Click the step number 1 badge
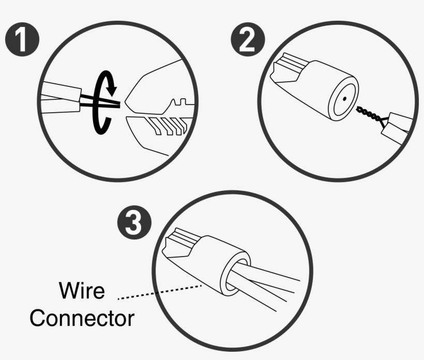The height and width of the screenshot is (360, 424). (22, 40)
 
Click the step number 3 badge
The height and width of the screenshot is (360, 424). (134, 223)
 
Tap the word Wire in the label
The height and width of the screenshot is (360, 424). (82, 290)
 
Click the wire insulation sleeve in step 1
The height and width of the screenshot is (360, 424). (62, 96)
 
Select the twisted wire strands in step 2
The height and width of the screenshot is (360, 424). (370, 114)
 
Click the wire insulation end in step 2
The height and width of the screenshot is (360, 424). (396, 124)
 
